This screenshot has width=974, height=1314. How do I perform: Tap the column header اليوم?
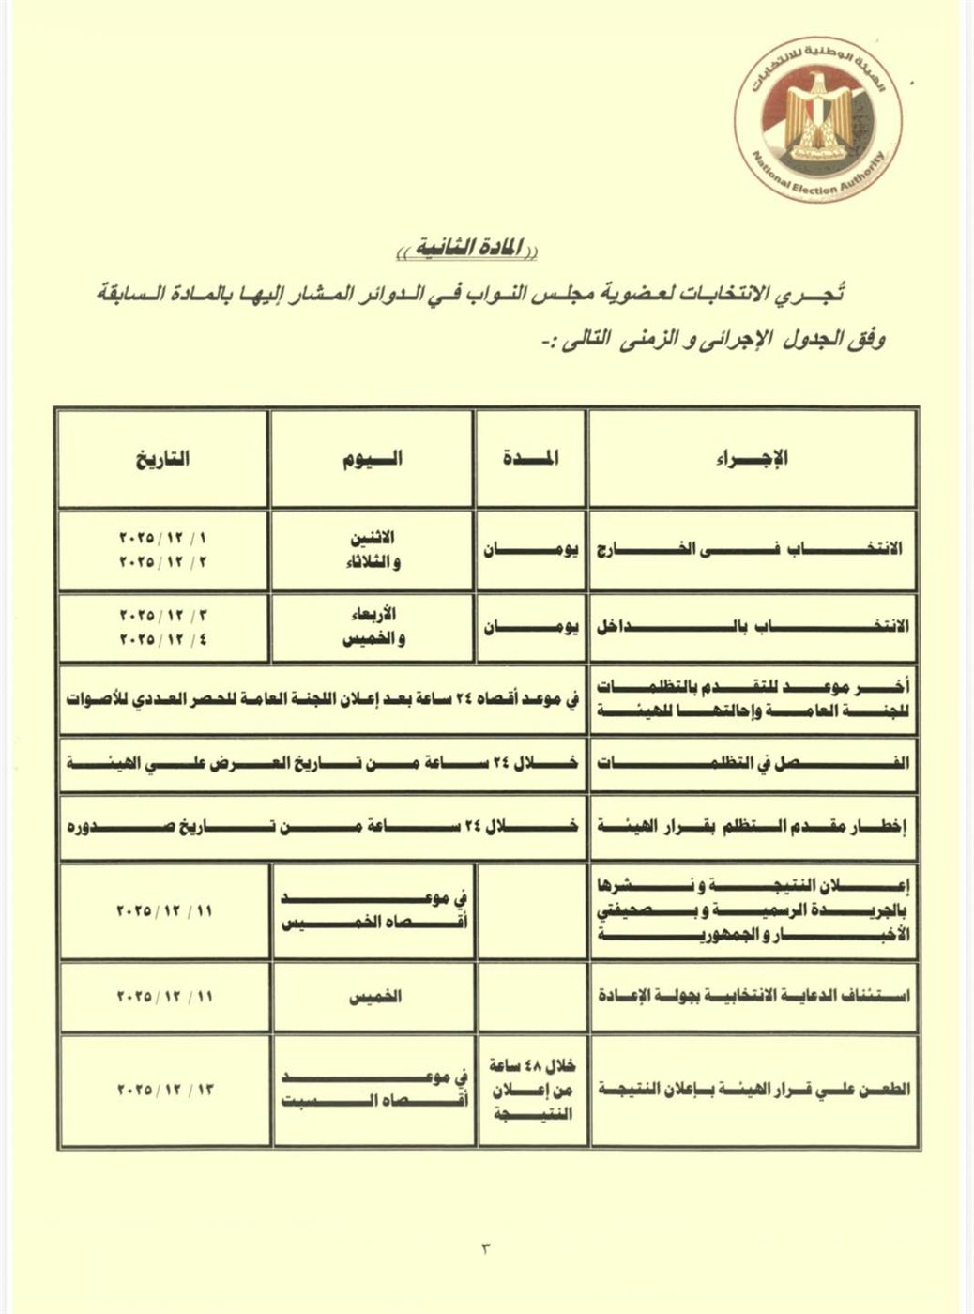coord(372,459)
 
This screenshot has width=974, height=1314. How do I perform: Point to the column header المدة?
coord(530,459)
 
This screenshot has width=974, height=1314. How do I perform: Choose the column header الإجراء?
coord(752,459)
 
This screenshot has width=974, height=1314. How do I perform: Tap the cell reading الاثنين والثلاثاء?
coord(372,549)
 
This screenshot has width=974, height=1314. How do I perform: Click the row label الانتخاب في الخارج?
coord(752,549)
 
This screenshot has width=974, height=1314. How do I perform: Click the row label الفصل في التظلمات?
coord(752,764)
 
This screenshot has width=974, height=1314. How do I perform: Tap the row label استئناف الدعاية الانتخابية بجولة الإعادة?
coord(752,996)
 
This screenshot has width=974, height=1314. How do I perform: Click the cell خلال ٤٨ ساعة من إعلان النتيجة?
coord(531,1090)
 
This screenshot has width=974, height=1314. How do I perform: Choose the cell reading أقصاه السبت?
coord(372,1099)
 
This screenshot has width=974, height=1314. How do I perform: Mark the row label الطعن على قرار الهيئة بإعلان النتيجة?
coord(752,1090)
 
